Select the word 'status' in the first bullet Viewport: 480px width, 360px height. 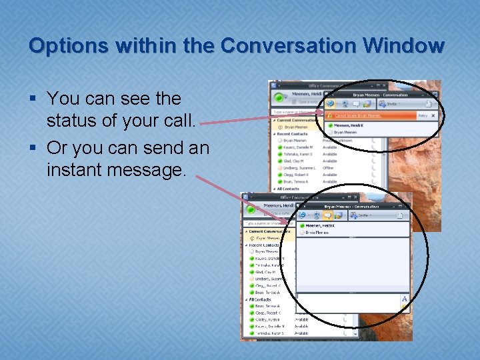coord(71,122)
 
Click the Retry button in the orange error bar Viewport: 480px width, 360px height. coord(422,116)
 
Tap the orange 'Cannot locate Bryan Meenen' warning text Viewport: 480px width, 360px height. coord(357,116)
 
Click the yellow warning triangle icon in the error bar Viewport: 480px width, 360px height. coord(330,116)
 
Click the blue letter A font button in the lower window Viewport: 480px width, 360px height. coord(404,299)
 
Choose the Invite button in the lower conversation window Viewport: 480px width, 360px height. coord(364,215)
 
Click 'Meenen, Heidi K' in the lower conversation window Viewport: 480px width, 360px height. coord(321,226)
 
